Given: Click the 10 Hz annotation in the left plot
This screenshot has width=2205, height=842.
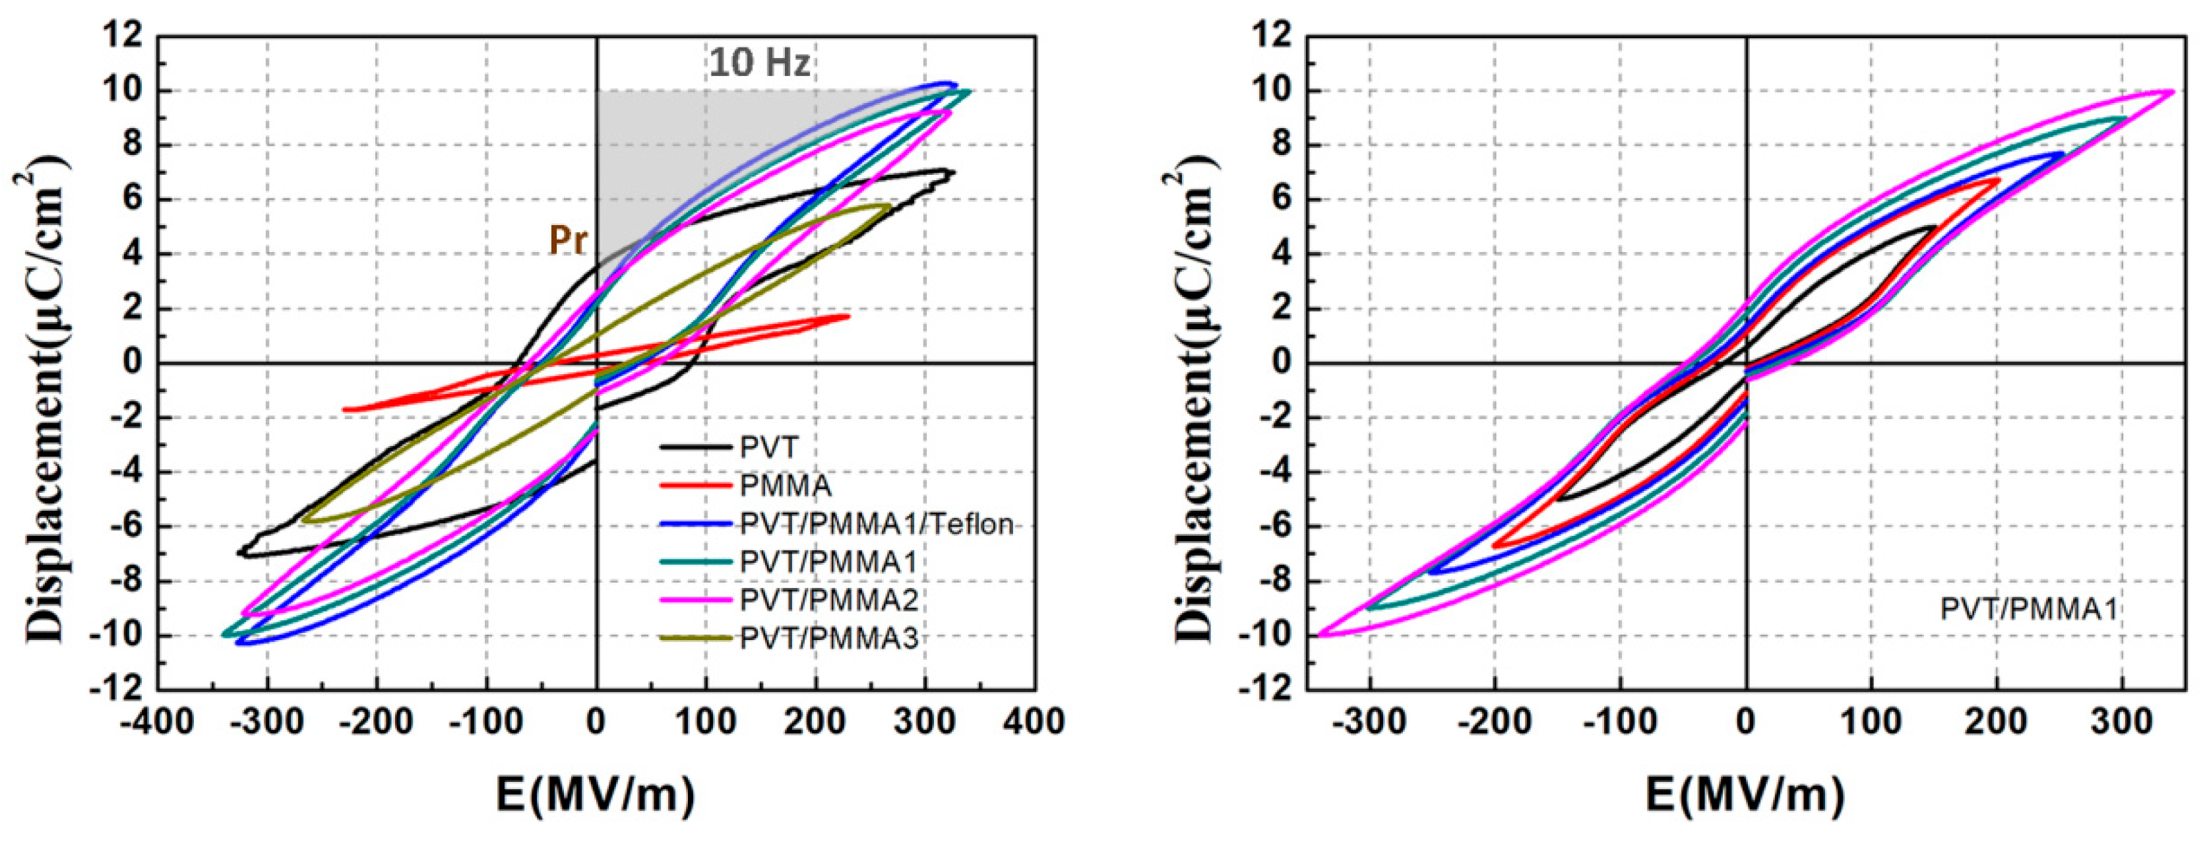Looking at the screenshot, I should point(759,63).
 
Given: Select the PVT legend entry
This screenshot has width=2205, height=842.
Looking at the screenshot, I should point(768,448).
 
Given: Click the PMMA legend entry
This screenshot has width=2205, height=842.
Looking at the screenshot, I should point(785,486).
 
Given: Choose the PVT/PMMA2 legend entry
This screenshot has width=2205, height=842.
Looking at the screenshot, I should point(828,600).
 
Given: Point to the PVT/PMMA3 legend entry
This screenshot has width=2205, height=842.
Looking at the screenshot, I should point(828,638).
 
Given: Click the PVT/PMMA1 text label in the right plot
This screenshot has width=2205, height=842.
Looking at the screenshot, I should point(2028,609).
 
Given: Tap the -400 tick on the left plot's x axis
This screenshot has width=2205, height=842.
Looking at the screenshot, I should point(156,721).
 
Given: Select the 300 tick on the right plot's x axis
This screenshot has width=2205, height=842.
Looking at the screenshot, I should point(2121,721).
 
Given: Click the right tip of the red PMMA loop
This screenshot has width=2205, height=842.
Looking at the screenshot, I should point(848,316).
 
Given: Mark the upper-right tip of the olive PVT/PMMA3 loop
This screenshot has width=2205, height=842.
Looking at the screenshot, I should point(890,206).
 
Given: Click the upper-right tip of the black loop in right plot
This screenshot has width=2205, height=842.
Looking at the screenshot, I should point(1934,227).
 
